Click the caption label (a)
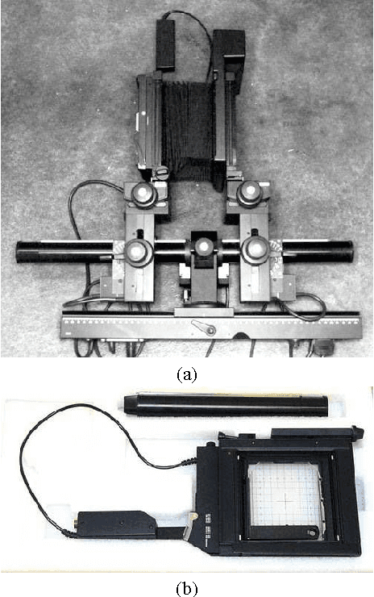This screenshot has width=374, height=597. pyautogui.click(x=187, y=374)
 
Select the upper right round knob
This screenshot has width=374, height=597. pyautogui.click(x=251, y=193)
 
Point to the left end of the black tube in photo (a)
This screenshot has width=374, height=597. pyautogui.click(x=23, y=252)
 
